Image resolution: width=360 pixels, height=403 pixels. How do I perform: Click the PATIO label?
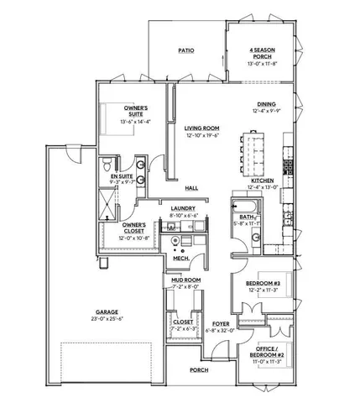pos(186,50)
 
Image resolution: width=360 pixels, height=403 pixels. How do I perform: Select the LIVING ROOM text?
pos(202,128)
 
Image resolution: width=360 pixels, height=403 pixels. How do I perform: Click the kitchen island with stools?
pos(253,149)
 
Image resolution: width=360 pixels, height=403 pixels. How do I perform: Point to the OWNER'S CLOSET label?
pos(134,225)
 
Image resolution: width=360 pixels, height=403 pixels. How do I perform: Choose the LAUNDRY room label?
pos(183,208)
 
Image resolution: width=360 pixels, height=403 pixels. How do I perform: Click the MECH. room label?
pos(180,258)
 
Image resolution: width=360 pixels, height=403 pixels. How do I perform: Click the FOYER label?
pos(221,322)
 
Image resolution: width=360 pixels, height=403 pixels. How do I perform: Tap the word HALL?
pos(191,187)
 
